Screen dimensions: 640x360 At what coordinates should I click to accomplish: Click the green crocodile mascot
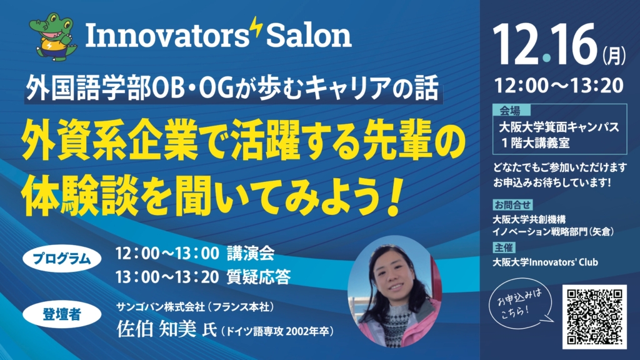click(53, 37)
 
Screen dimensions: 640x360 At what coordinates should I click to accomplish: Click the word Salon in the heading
click(309, 36)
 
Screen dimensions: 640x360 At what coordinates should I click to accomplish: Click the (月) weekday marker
click(614, 56)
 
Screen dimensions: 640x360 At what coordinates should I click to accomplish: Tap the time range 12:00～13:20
click(559, 86)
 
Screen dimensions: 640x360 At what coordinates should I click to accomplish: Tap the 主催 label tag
click(504, 247)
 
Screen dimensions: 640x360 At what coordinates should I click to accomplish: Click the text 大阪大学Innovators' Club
click(545, 262)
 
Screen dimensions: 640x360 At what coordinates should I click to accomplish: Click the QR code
click(594, 317)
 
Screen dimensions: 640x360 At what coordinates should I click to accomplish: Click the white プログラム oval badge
click(62, 259)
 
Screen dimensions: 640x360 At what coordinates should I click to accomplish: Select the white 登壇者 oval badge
click(62, 315)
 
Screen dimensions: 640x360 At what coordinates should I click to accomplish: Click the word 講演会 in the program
click(251, 254)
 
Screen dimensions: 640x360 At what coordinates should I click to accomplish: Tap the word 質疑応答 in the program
click(259, 277)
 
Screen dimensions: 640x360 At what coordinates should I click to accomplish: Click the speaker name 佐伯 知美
click(156, 329)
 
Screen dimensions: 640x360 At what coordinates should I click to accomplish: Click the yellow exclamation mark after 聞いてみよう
click(394, 196)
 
